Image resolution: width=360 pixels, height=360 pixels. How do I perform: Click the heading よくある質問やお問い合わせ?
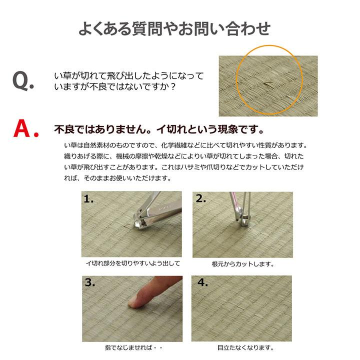coord(174,28)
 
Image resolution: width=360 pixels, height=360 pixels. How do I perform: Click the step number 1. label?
coord(89,199)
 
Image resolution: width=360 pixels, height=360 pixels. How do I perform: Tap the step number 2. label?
coord(201,199)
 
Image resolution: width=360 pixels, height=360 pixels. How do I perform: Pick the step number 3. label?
coord(90,283)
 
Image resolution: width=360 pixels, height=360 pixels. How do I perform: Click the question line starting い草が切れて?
coord(128,76)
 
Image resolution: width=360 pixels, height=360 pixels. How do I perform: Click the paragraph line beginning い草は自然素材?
coord(185,145)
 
